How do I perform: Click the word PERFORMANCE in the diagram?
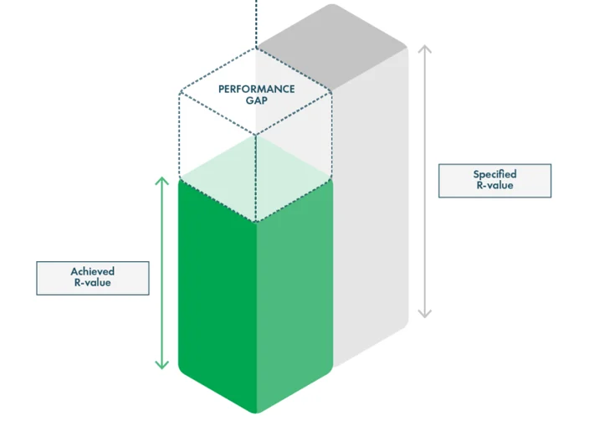257,89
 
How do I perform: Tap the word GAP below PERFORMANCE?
257,100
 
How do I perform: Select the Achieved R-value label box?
93,278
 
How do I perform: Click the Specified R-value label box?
494,181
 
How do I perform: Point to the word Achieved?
93,271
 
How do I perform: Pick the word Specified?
494,174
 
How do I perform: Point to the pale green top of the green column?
256,178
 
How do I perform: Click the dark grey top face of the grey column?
332,47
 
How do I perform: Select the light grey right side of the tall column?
371,207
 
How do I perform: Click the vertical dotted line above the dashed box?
256,23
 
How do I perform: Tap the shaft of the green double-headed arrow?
162,273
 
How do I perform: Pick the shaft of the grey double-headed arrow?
425,182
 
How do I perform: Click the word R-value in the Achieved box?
93,283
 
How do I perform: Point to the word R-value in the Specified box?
494,185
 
